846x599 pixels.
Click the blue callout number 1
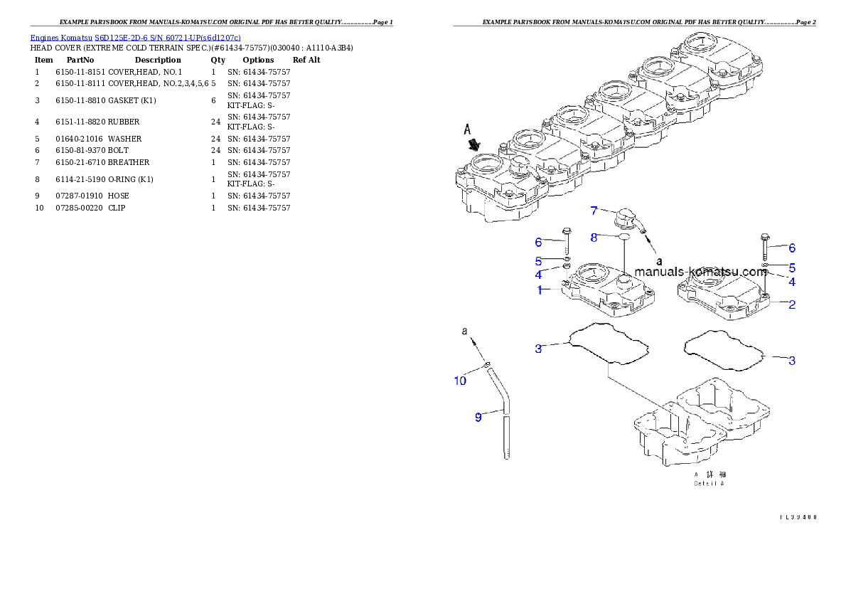pos(540,290)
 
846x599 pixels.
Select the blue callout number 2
pos(791,305)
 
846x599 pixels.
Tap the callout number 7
pos(594,211)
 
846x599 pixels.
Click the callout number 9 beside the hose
pos(478,418)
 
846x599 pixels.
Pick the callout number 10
pos(460,381)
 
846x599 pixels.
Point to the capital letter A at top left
pos(468,129)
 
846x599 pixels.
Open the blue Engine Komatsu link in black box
pos(135,37)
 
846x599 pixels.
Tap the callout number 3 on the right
pos(791,361)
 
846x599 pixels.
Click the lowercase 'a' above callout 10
pos(465,332)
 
